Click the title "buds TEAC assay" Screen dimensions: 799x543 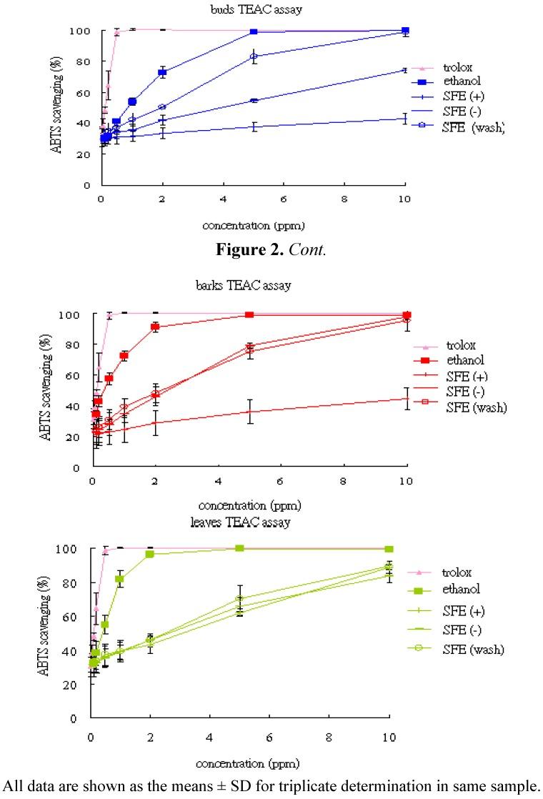(254, 9)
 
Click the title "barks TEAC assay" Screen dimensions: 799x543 (254, 285)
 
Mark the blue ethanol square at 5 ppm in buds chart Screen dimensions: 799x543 (254, 32)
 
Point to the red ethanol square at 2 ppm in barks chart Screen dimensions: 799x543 (155, 327)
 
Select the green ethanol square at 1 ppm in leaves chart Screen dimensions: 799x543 (120, 579)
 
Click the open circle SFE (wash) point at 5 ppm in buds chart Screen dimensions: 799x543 (254, 56)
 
